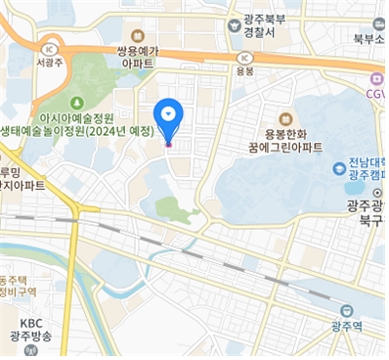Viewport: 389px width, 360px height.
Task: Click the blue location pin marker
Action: pos(168,115)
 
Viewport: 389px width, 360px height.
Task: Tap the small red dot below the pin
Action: pos(168,145)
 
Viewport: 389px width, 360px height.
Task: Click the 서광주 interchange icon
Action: pos(48,46)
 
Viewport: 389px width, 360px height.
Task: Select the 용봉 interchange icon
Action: pos(245,56)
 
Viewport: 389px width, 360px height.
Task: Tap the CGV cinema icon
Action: pos(376,80)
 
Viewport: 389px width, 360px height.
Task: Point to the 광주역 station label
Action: pos(347,326)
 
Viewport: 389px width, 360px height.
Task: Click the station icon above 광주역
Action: pos(347,310)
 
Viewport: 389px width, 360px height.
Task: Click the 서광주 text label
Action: pos(48,62)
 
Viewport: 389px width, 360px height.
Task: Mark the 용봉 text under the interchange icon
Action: pos(245,70)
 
